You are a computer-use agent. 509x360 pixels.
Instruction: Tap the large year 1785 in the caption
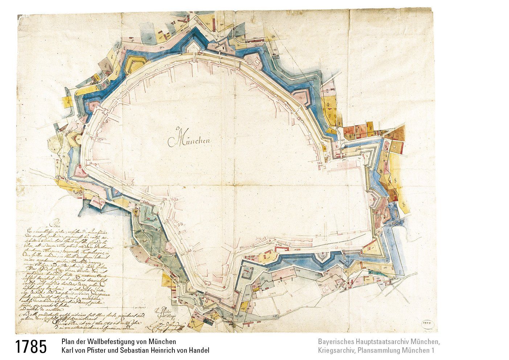point(31,347)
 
